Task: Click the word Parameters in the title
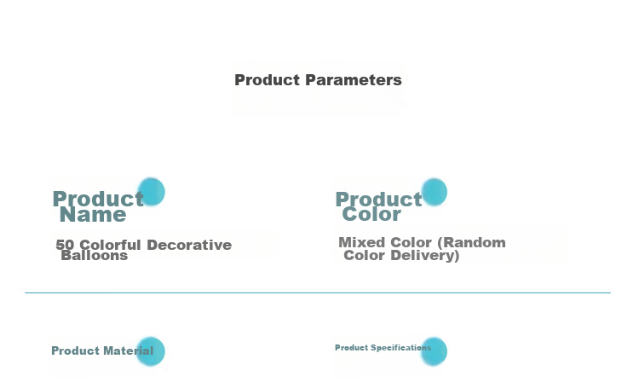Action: tap(354, 80)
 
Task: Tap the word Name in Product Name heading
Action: tap(93, 215)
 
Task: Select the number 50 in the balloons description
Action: tap(65, 245)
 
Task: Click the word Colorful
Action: tap(110, 245)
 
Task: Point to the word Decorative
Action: tap(189, 245)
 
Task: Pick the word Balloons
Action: tap(94, 256)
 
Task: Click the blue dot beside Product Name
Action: tap(151, 191)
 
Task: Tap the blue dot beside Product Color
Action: tap(434, 192)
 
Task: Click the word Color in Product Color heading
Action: tap(371, 214)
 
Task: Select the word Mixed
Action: tap(361, 242)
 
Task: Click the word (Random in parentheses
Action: tap(471, 242)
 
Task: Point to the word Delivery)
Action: tap(425, 256)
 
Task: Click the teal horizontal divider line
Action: tap(318, 292)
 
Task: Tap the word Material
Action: tap(128, 350)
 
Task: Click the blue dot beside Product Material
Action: tap(150, 351)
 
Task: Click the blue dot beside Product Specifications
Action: tap(434, 351)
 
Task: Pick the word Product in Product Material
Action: tap(75, 350)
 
